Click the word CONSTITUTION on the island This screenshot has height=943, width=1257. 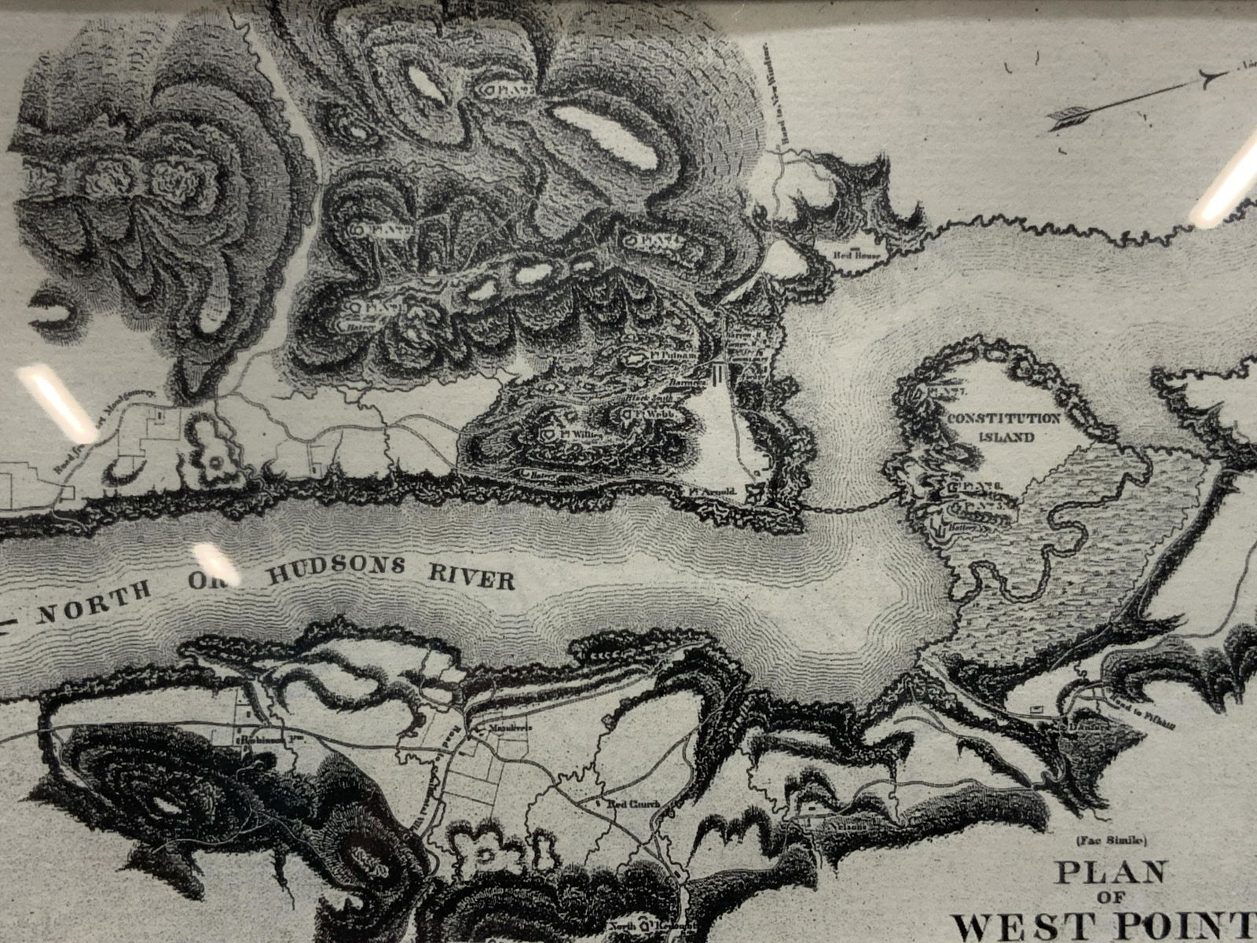pos(1005,419)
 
